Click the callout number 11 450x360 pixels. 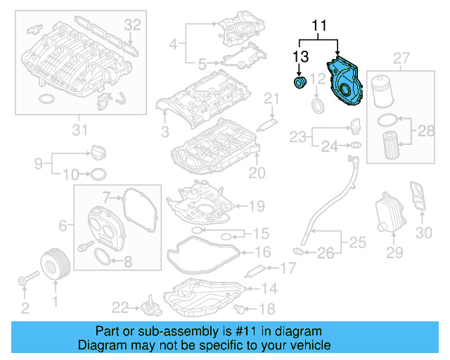click(x=320, y=27)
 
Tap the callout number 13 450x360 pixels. click(x=300, y=56)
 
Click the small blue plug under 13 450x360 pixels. click(x=300, y=84)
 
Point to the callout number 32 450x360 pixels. click(x=133, y=25)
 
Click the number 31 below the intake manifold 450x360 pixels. click(x=79, y=129)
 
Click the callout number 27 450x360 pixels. click(x=401, y=57)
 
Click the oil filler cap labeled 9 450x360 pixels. click(x=97, y=152)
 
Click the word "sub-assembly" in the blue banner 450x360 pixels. click(x=186, y=331)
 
